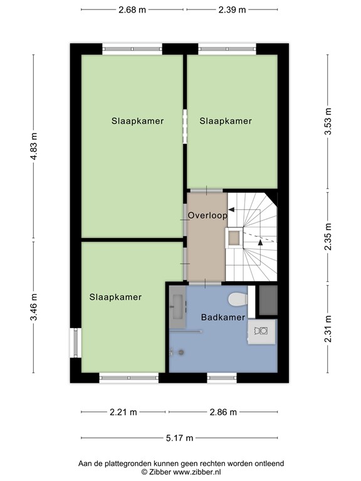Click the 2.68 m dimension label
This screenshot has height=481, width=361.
click(132, 9)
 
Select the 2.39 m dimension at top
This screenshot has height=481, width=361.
click(232, 9)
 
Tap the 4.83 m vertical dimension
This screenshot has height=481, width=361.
click(34, 147)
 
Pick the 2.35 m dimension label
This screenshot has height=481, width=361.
click(328, 237)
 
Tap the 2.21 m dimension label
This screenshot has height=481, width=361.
click(123, 412)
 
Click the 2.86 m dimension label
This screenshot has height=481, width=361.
click(222, 412)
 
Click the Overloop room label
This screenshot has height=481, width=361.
click(207, 215)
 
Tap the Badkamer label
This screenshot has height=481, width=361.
click(222, 318)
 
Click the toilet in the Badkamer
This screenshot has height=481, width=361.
click(238, 299)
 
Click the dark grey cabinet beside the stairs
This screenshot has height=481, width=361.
click(268, 300)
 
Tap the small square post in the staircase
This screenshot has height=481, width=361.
click(234, 237)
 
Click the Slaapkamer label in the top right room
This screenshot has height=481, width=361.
click(226, 122)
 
